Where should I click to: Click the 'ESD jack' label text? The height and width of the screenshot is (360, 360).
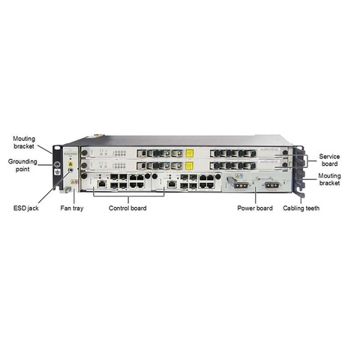pyautogui.click(x=26, y=208)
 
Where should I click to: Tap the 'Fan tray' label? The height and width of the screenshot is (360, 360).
pyautogui.click(x=72, y=208)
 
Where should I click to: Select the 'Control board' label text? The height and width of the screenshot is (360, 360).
pyautogui.click(x=127, y=208)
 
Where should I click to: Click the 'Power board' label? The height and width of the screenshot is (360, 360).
pyautogui.click(x=255, y=208)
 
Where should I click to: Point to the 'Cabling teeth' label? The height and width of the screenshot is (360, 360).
pyautogui.click(x=301, y=208)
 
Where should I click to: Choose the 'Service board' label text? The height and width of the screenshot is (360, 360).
pyautogui.click(x=329, y=160)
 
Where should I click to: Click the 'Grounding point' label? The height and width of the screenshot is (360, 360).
pyautogui.click(x=22, y=165)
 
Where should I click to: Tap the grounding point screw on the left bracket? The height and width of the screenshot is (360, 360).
pyautogui.click(x=58, y=164)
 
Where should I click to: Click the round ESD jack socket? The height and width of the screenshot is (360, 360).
pyautogui.click(x=70, y=170)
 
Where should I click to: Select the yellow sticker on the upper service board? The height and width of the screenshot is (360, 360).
pyautogui.click(x=190, y=153)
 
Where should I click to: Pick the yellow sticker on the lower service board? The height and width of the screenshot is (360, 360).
pyautogui.click(x=190, y=165)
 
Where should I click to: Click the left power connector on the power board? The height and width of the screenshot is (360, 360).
pyautogui.click(x=241, y=185)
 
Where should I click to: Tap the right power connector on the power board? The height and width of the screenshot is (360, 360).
pyautogui.click(x=271, y=185)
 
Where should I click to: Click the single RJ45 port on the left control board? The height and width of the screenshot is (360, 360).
pyautogui.click(x=102, y=184)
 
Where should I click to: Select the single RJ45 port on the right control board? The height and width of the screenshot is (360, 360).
pyautogui.click(x=172, y=184)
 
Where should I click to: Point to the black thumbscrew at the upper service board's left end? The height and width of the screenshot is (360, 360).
pyautogui.click(x=85, y=153)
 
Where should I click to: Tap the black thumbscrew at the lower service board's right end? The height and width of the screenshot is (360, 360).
pyautogui.click(x=284, y=165)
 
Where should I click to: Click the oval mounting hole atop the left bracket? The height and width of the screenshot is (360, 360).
pyautogui.click(x=57, y=148)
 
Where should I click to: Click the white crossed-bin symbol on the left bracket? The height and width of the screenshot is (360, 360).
pyautogui.click(x=58, y=172)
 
